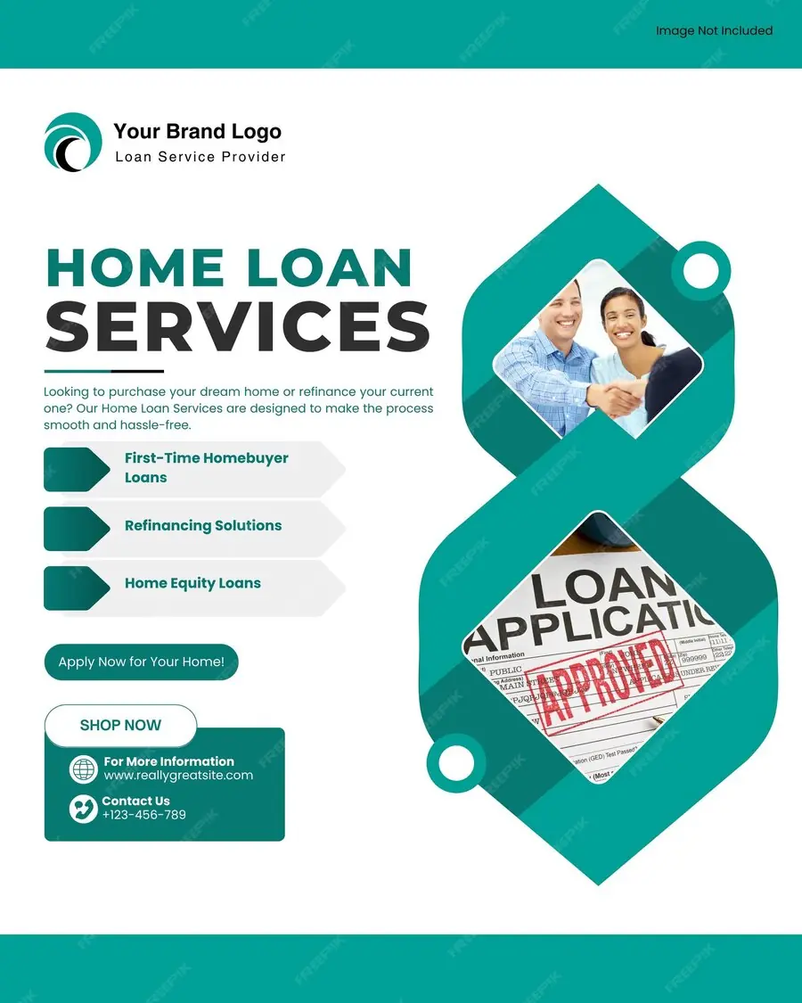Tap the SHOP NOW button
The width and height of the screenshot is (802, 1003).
point(120,725)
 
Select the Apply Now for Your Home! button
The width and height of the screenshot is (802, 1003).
point(141,662)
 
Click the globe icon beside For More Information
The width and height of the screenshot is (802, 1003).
point(84,769)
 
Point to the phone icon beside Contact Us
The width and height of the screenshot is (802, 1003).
point(84,809)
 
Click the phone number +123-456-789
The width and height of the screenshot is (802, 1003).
point(143,815)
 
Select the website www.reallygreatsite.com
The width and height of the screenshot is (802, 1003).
point(178,776)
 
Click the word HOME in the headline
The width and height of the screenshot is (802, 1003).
point(135,267)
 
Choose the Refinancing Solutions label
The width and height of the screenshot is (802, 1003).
point(203,526)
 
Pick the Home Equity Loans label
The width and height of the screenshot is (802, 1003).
point(192,583)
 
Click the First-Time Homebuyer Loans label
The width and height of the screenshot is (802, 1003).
point(207,467)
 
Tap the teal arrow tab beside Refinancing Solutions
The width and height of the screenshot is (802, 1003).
point(77,529)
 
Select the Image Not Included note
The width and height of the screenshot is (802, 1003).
point(714,30)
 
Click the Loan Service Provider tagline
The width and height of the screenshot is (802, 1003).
point(200,157)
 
